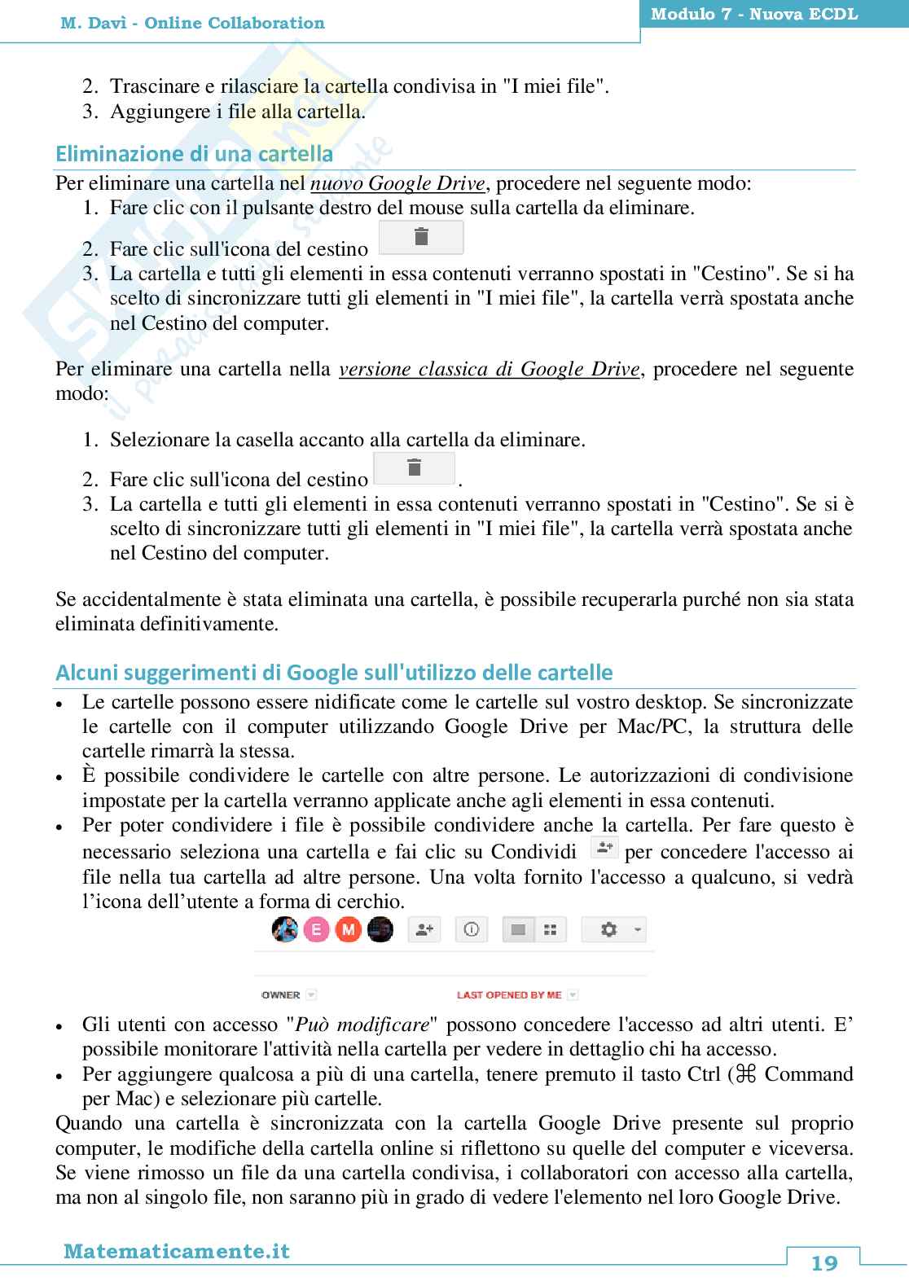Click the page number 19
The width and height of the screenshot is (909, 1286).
click(824, 1262)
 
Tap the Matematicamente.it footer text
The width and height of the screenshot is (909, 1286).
click(177, 1251)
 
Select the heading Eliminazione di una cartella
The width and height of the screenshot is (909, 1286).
click(194, 154)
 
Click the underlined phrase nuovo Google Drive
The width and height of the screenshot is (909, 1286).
click(398, 182)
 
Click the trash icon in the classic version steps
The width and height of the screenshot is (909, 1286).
click(414, 468)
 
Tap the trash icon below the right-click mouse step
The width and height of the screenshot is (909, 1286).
click(421, 237)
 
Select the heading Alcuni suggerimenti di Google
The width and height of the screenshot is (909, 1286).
click(334, 673)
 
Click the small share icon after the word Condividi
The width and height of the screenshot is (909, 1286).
click(604, 849)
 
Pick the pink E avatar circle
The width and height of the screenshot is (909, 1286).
click(317, 929)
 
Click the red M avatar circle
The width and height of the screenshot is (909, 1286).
click(349, 929)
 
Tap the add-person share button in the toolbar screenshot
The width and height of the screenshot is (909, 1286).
click(424, 929)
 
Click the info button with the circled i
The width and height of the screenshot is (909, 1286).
click(472, 929)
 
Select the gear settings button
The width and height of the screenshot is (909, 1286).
click(608, 929)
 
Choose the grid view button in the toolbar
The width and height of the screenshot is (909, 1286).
click(551, 929)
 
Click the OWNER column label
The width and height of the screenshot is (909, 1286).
click(281, 994)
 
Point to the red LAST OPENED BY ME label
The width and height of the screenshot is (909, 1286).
click(509, 994)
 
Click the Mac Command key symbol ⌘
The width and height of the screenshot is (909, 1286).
click(746, 1074)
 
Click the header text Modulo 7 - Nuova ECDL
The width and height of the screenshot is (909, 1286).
click(753, 15)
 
